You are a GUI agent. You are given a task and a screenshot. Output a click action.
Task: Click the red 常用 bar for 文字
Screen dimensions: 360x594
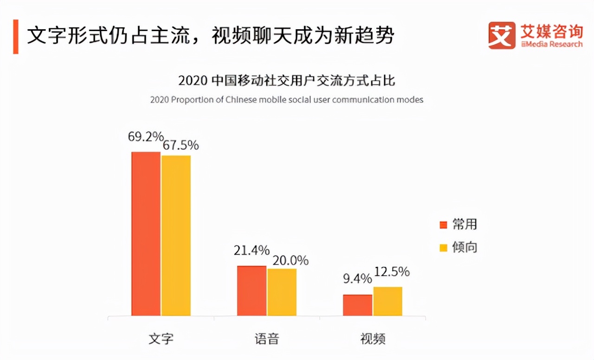[146, 234]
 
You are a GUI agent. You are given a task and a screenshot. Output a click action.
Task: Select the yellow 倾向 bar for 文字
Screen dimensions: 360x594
[176, 236]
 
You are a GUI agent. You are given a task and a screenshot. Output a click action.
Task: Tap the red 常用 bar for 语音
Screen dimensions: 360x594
[252, 291]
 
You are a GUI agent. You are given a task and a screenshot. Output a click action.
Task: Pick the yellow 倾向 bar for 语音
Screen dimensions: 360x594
[282, 292]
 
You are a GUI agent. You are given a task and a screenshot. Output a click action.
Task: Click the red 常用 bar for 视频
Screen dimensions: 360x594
[357, 305]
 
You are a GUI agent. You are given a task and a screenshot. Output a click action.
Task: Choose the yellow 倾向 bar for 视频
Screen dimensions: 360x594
[388, 302]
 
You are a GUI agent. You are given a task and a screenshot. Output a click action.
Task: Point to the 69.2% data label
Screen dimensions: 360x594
[146, 137]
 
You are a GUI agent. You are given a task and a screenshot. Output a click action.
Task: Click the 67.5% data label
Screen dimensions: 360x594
[181, 145]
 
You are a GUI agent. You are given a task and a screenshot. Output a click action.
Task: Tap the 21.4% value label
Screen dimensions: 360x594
[252, 251]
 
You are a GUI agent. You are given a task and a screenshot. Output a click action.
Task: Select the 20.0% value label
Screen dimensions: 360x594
[291, 261]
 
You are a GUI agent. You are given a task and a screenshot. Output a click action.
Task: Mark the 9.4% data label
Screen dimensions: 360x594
[357, 279]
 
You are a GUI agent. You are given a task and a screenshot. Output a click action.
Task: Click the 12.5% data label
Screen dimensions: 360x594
[392, 271]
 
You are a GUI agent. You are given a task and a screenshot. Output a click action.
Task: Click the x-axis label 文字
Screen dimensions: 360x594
[161, 338]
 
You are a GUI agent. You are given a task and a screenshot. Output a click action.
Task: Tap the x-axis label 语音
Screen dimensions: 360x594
[267, 338]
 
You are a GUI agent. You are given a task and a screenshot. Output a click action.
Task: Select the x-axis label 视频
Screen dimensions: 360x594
[373, 338]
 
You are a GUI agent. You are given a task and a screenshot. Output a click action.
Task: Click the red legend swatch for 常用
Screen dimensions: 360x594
[443, 225]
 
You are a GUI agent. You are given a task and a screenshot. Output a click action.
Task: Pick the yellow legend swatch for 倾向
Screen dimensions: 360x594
[443, 248]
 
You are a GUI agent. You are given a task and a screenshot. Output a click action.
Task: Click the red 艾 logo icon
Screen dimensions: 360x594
[502, 35]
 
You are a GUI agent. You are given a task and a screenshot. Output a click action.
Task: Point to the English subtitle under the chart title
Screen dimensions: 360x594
[287, 100]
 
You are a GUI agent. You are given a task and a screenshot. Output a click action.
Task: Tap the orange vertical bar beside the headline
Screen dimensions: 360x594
[16, 37]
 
